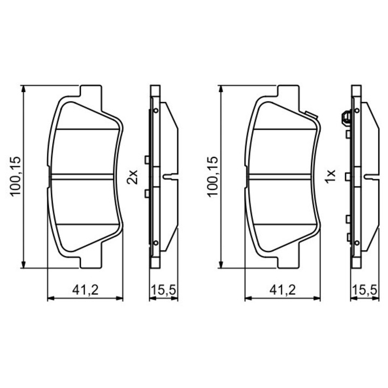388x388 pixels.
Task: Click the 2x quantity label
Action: pyautogui.click(x=133, y=176)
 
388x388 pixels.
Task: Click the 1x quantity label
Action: pyautogui.click(x=331, y=176)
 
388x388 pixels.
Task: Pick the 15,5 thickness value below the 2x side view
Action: pyautogui.click(x=162, y=290)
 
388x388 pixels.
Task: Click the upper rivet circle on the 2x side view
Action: pyautogui.click(x=156, y=110)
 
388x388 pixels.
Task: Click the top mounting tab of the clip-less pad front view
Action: pyautogui.click(x=90, y=91)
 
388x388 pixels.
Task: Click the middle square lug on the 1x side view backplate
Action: pyautogui.click(x=349, y=176)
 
